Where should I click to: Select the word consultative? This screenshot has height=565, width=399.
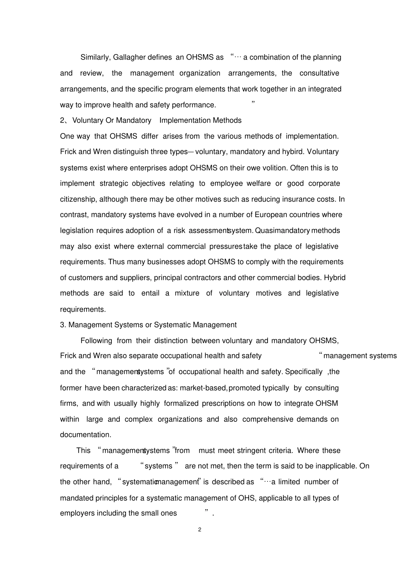tap(319, 73)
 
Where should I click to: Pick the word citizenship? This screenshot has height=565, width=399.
tap(78, 199)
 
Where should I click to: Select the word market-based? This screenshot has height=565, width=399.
tap(203, 388)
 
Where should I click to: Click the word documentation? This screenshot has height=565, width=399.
tap(85, 435)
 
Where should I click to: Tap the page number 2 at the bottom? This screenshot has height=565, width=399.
tap(199, 530)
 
